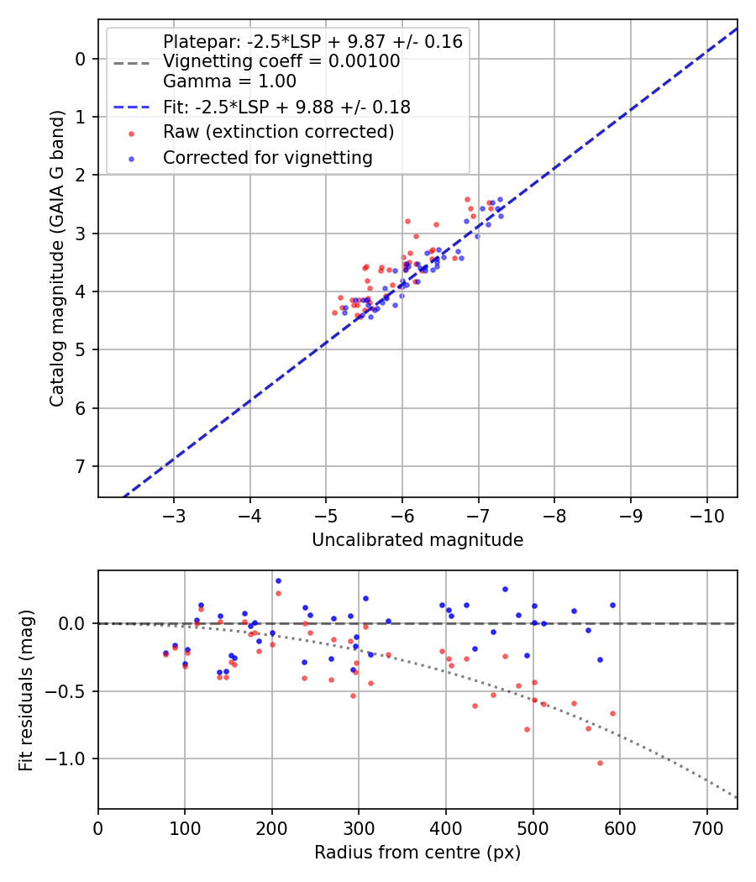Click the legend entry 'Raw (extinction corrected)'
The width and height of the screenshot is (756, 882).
[x=278, y=132]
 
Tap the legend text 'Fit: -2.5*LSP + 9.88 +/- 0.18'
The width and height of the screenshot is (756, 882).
[x=286, y=107]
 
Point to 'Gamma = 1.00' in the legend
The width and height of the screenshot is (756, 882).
[x=229, y=81]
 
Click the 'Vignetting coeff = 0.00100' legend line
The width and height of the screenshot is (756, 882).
[x=281, y=61]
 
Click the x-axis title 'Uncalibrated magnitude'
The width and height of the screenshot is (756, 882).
[x=417, y=540]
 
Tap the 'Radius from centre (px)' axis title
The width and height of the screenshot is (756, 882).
[x=417, y=853]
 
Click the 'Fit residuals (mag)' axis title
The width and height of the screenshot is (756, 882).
[x=26, y=690]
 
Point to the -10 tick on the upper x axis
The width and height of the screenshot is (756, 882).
[x=706, y=514]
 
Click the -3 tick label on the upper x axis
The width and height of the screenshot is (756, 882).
[x=175, y=514]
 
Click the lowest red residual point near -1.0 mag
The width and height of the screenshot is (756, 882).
[x=600, y=763]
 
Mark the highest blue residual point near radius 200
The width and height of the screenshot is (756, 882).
[x=278, y=580]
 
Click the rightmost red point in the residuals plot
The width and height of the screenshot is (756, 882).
[x=612, y=713]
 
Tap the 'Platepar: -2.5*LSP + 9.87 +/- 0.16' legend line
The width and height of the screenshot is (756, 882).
[x=312, y=42]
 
